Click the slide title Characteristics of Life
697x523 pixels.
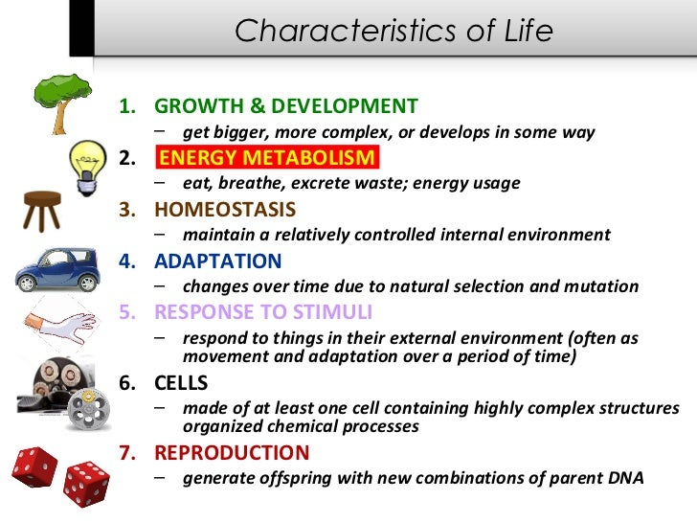click(393, 31)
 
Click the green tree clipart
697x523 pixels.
click(62, 103)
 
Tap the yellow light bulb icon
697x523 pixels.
click(87, 169)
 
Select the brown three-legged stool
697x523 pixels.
click(42, 211)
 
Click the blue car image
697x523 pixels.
click(56, 269)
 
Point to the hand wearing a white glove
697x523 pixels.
click(61, 326)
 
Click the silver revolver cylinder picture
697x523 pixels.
click(88, 408)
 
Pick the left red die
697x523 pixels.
click(34, 466)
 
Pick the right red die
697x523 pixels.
click(86, 484)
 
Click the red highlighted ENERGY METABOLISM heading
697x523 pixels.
click(267, 157)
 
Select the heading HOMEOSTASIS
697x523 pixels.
click(225, 210)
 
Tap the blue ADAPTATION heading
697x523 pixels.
click(218, 261)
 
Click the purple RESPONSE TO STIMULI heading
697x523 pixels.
click(263, 311)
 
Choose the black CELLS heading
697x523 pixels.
click(181, 383)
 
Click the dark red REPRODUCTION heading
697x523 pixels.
click(232, 453)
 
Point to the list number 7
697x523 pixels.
click(127, 453)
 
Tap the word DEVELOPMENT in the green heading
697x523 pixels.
click(345, 105)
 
